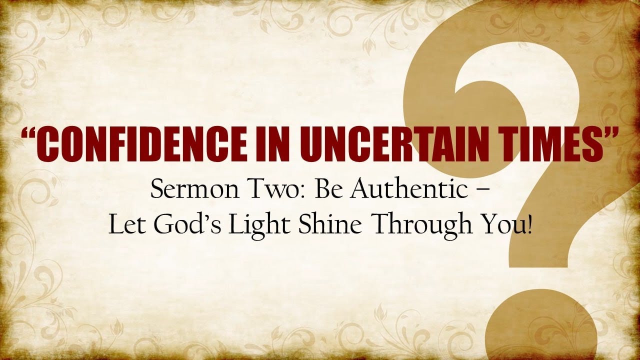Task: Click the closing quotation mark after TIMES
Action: coord(608,134)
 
